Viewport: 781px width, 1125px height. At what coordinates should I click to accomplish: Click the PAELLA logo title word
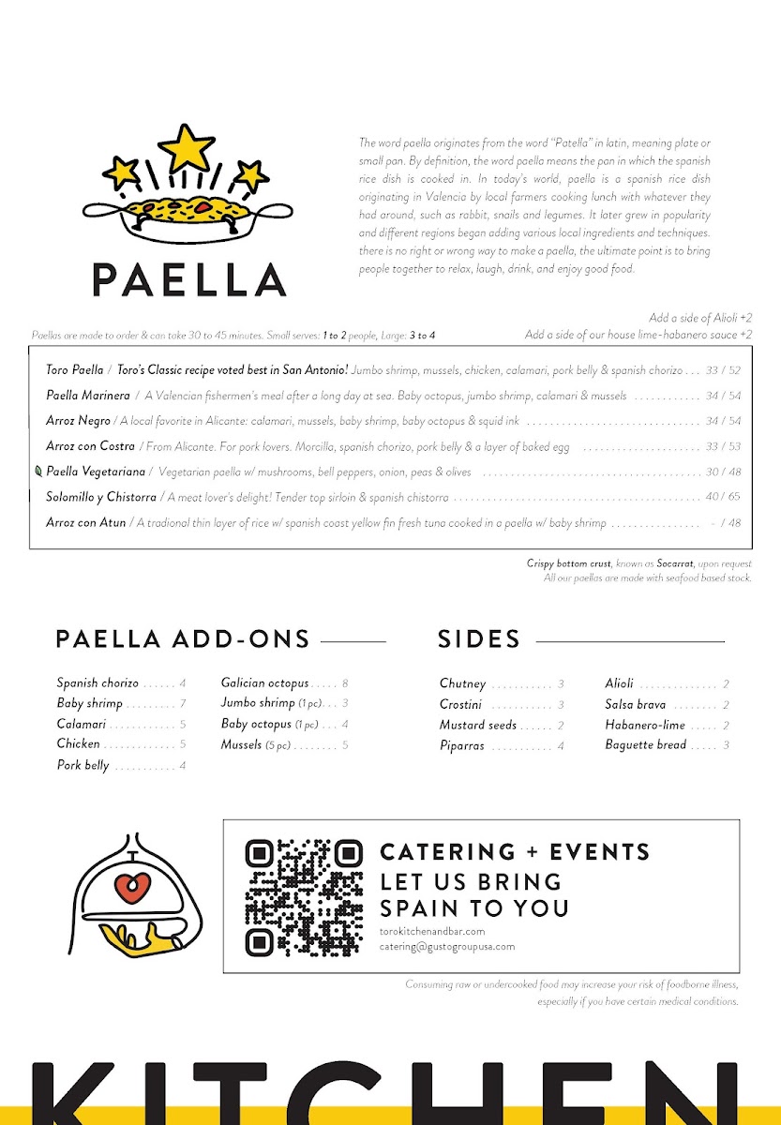188,279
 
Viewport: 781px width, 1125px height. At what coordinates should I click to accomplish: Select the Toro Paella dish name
75,370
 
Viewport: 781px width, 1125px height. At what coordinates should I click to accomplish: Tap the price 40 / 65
722,497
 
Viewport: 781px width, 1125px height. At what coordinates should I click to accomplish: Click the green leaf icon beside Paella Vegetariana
38,472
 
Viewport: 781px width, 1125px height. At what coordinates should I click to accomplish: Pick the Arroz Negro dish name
78,421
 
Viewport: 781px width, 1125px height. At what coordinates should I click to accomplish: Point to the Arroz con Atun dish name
85,522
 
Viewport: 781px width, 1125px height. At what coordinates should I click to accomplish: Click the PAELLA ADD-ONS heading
183,639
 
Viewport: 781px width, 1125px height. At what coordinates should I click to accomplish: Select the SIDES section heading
478,639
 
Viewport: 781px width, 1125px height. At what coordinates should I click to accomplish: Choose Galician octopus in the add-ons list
264,683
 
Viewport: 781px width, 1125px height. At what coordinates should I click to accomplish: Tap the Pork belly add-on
83,766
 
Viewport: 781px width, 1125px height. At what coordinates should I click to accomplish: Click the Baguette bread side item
646,745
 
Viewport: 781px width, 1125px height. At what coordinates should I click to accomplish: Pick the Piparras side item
462,746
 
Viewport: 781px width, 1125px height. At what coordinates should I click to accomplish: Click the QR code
304,897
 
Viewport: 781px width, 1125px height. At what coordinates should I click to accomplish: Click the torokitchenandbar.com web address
432,931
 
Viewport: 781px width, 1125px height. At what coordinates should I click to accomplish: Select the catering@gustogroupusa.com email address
447,947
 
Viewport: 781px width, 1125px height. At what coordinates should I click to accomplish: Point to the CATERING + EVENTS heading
515,852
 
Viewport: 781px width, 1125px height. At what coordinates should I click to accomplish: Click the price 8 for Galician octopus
345,684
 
